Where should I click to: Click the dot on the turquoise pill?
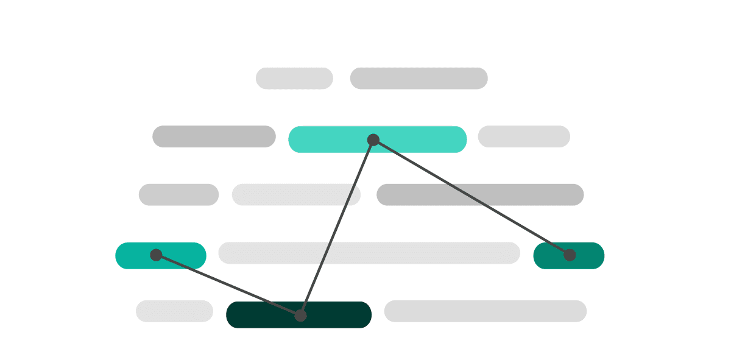point(373,140)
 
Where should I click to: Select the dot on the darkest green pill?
point(300,316)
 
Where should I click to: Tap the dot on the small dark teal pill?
point(570,255)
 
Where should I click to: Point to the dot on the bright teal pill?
point(156,255)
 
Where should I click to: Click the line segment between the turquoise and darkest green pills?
point(337,228)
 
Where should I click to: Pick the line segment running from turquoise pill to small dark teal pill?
point(471,197)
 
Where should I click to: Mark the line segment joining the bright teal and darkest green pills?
point(228,285)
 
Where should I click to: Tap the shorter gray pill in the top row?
point(294,79)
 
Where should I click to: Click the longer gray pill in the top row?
point(418,79)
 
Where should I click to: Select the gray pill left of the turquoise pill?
point(214,136)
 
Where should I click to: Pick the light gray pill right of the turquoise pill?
point(524,136)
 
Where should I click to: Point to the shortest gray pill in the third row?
point(178,195)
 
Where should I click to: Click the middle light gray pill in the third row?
point(296,195)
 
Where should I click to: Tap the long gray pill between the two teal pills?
point(369,253)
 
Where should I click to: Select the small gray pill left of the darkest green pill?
point(174,311)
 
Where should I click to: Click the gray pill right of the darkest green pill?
point(485,311)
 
